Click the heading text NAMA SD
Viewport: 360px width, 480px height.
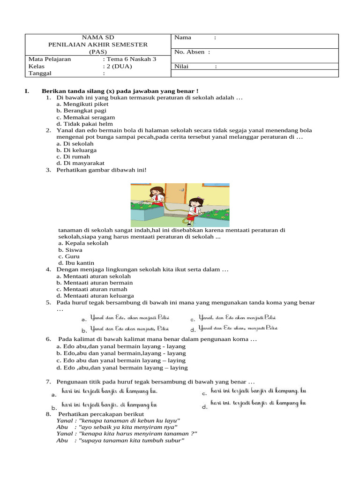click(98, 37)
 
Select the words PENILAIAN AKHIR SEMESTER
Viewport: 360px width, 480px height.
click(98, 45)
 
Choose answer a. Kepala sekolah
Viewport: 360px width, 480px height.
click(83, 243)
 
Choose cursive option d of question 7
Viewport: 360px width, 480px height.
click(258, 403)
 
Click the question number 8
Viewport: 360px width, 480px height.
click(48, 414)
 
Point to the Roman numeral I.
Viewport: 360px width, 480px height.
click(27, 91)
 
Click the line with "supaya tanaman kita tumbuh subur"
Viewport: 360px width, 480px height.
click(120, 441)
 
